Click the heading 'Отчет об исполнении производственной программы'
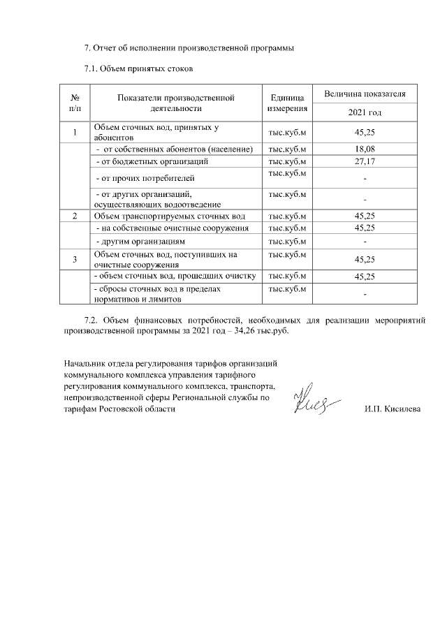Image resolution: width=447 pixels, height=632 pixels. click(189, 48)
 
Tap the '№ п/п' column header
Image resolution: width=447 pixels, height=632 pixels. click(75, 103)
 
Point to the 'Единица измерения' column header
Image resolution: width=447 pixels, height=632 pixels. click(287, 103)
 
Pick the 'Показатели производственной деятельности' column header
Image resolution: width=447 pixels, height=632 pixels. click(175, 103)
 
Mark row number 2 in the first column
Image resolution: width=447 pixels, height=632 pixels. click(75, 216)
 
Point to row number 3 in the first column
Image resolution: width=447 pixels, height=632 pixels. click(75, 259)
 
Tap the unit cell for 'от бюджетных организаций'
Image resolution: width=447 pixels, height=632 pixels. click(287, 161)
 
